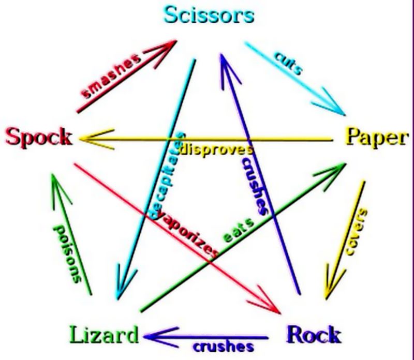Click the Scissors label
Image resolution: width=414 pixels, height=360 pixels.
pyautogui.click(x=209, y=15)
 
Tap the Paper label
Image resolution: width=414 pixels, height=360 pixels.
pyautogui.click(x=376, y=137)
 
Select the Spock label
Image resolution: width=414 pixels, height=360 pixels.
pyautogui.click(x=39, y=137)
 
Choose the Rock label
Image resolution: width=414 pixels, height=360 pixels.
pyautogui.click(x=314, y=334)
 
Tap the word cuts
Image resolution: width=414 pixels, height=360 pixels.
pyautogui.click(x=287, y=64)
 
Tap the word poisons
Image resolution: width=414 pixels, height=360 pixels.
pyautogui.click(x=68, y=253)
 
